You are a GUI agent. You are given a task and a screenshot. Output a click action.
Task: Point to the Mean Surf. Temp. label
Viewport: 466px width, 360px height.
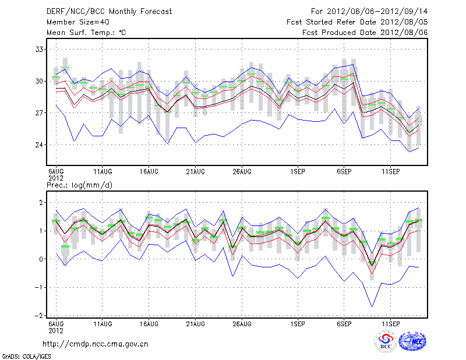coord(86,33)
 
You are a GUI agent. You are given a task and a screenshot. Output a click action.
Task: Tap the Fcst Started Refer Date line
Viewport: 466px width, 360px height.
coord(357,22)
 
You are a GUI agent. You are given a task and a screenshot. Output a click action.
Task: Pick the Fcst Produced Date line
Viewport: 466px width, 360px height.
coord(365,33)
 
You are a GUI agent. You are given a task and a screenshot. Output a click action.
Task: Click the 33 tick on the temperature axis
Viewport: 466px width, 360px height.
coord(38,50)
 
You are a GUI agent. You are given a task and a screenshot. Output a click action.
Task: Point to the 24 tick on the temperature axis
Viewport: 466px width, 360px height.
coord(38,145)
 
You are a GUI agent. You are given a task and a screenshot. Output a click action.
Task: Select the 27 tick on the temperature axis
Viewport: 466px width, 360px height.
coord(38,113)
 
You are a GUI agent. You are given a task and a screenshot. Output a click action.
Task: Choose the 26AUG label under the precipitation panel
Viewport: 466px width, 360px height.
coord(242,323)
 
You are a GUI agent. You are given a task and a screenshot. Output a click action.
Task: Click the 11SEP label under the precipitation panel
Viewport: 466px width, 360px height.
coord(390,323)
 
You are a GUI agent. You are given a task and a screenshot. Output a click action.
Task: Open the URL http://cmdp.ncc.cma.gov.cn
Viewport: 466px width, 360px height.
coord(96,344)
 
